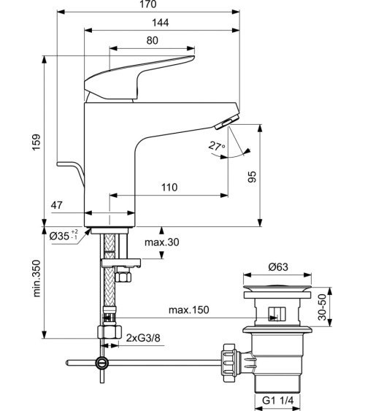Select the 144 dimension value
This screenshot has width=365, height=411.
pos(161,23)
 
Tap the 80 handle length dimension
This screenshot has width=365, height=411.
pos(152,41)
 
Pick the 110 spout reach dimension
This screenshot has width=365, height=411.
pos(169,188)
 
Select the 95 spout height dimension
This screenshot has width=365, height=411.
pos(272,177)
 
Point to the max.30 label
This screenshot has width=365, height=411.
pos(161,242)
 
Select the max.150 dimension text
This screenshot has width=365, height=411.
pos(189,310)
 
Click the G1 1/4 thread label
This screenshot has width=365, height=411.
pos(277,400)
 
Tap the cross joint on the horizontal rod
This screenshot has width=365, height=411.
pos(102,362)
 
